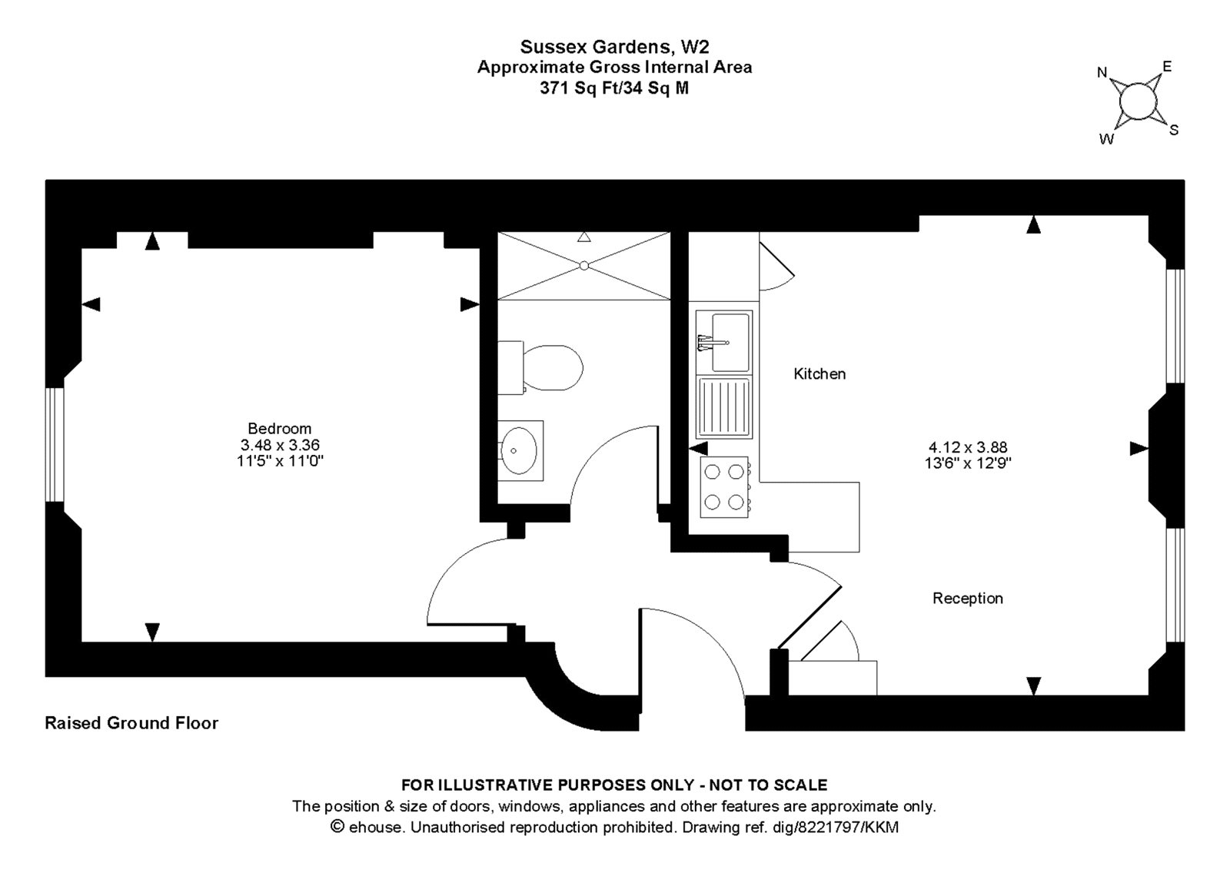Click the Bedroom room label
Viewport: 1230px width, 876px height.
click(x=279, y=428)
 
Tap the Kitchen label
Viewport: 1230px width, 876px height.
click(x=819, y=374)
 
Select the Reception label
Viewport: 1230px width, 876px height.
click(x=967, y=598)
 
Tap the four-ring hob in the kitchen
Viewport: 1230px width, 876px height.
click(x=725, y=486)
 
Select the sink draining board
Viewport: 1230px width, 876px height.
click(x=724, y=406)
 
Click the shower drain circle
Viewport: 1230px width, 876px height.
click(x=583, y=265)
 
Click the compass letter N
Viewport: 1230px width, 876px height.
click(x=1102, y=73)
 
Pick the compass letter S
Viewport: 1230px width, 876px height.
click(x=1173, y=130)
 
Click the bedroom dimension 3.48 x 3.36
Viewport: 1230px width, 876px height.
click(x=279, y=445)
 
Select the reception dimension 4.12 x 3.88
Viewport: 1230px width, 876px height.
click(x=967, y=446)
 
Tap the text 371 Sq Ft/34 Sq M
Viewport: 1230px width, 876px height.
click(x=614, y=88)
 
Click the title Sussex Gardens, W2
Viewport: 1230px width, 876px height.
click(x=614, y=47)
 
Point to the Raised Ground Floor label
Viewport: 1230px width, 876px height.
click(x=131, y=723)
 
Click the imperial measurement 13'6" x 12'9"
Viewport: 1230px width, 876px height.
click(x=967, y=463)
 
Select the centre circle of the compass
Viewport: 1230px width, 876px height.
click(x=1137, y=101)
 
